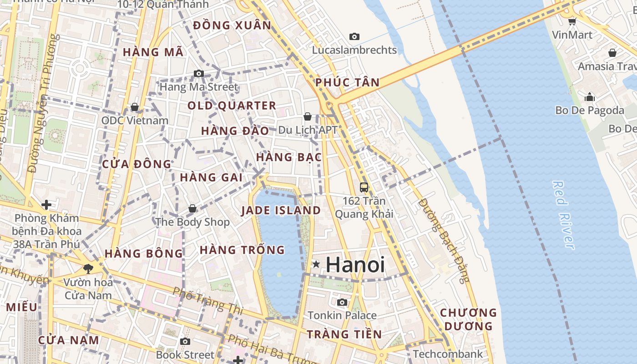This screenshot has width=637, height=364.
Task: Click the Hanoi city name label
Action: coord(355,265)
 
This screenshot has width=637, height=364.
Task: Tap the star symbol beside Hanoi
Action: coord(316,264)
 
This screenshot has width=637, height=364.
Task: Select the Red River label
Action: coord(563,215)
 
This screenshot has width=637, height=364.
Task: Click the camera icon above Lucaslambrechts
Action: coord(354,36)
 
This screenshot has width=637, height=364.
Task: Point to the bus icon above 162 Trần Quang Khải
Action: coord(364,187)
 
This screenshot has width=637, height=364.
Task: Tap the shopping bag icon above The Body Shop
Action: coord(192,208)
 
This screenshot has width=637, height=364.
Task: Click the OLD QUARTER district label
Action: coord(232,106)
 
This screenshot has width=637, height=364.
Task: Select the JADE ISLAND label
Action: coord(281,210)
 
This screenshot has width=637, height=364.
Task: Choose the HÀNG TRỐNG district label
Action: coord(242,250)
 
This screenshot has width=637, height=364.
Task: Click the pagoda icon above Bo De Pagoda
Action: coord(590,96)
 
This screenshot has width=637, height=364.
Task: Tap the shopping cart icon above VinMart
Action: coord(572,21)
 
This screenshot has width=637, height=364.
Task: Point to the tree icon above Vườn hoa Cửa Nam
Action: coord(88,268)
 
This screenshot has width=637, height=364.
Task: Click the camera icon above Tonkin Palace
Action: coord(342,302)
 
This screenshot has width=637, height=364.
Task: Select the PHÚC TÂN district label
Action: coord(348,82)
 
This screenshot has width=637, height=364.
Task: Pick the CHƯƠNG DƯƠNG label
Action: coord(468,319)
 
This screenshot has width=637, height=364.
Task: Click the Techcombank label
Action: coord(448,354)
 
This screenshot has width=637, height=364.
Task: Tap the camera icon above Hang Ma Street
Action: coord(198,73)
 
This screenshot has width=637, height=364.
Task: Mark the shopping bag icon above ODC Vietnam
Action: coord(135,107)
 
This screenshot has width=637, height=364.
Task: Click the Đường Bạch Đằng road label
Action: coord(444,240)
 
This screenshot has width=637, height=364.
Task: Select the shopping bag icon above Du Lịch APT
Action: coord(308,116)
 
